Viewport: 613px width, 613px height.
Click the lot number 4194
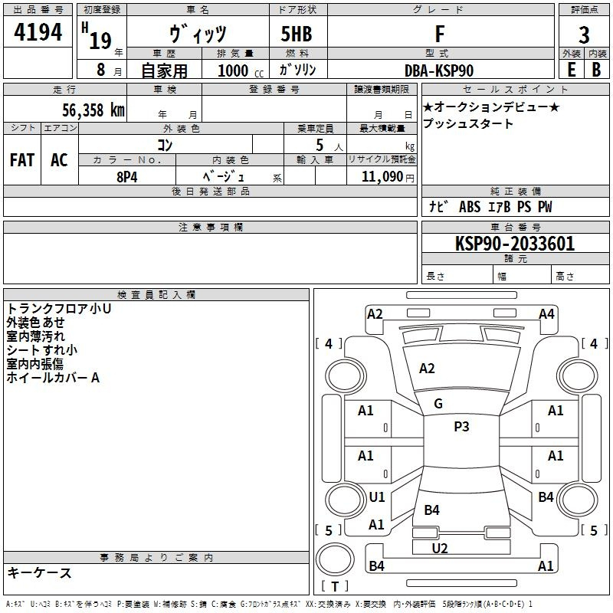(38, 32)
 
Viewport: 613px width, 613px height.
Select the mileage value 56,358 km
(93, 110)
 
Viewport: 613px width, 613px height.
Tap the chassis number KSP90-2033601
(515, 244)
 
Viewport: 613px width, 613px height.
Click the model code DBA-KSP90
(439, 70)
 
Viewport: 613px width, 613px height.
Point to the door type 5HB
(297, 34)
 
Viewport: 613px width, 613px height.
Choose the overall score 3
(584, 34)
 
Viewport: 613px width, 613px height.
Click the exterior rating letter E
(571, 70)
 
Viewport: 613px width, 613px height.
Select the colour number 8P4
(127, 177)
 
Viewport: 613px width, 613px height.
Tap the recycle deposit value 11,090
(382, 177)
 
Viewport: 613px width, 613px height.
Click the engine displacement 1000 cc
(241, 70)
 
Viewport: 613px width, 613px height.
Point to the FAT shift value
(22, 160)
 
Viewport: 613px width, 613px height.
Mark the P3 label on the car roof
(461, 427)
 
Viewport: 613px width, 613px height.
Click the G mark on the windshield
(438, 404)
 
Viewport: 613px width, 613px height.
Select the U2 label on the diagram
(440, 549)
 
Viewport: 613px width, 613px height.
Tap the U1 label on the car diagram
(377, 497)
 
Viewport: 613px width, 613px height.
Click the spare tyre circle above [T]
(335, 559)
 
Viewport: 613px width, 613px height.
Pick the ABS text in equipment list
(470, 207)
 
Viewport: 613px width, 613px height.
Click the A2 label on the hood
(427, 369)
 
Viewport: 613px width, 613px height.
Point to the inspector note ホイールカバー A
(53, 378)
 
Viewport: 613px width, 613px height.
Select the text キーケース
(39, 572)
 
